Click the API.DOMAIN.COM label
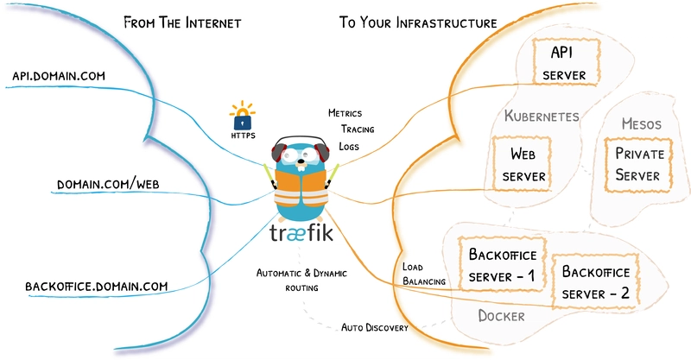click(x=58, y=77)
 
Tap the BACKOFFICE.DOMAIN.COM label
click(x=96, y=286)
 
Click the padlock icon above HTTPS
click(x=242, y=117)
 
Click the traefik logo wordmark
click(x=299, y=235)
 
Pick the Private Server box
click(x=637, y=163)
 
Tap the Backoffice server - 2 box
click(x=596, y=281)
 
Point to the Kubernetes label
click(x=542, y=116)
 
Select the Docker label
click(x=501, y=316)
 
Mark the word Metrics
click(x=345, y=113)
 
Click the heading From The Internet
click(x=181, y=22)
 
